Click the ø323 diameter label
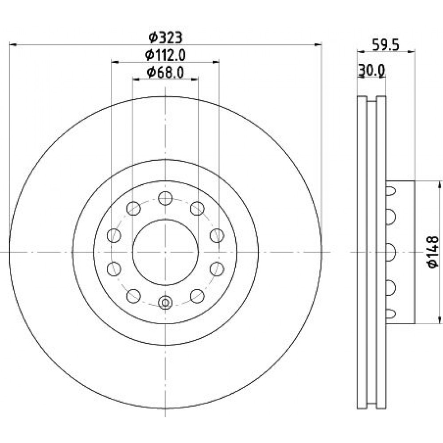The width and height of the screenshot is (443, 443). point(166,38)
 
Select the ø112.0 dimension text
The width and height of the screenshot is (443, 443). point(165,55)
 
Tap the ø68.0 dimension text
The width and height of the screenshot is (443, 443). point(165,73)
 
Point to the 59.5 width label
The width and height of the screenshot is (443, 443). point(386,45)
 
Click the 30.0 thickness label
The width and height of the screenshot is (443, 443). point(371,70)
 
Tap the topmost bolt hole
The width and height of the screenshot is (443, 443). point(165,198)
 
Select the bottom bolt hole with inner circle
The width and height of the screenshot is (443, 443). point(165,302)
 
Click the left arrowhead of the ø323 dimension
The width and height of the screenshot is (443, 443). point(13,45)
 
